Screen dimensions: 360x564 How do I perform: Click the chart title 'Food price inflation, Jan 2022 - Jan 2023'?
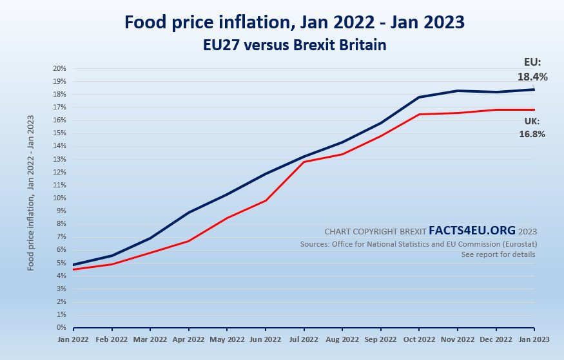pyautogui.click(x=295, y=22)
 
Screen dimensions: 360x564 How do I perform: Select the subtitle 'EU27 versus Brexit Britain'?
pyautogui.click(x=295, y=46)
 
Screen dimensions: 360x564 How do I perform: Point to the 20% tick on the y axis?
pyautogui.click(x=60, y=68)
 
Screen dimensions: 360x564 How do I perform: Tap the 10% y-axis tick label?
pyautogui.click(x=60, y=198)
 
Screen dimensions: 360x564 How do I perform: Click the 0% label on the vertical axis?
pyautogui.click(x=62, y=328)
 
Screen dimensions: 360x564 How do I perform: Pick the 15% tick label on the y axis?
pyautogui.click(x=60, y=133)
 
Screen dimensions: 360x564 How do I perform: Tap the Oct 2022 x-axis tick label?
pyautogui.click(x=419, y=339)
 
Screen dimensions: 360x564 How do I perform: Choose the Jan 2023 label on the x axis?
pyautogui.click(x=534, y=339)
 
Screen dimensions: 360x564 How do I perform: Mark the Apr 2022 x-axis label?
pyautogui.click(x=189, y=339)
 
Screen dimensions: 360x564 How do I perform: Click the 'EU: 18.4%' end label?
pyautogui.click(x=532, y=70)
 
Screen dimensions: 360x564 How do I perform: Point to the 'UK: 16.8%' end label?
pyautogui.click(x=532, y=128)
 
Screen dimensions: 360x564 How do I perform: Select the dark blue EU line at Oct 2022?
pyautogui.click(x=419, y=97)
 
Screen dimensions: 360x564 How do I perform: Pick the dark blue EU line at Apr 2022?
pyautogui.click(x=189, y=212)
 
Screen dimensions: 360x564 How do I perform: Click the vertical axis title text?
pyautogui.click(x=31, y=193)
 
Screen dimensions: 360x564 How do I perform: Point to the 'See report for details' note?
pyautogui.click(x=498, y=254)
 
